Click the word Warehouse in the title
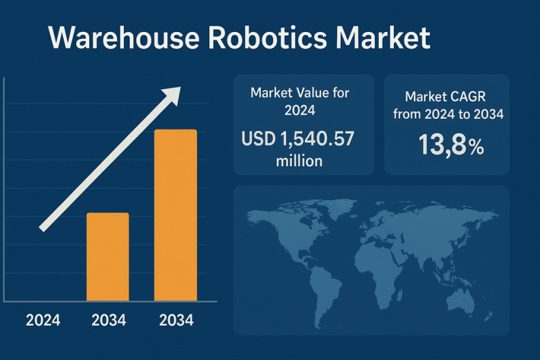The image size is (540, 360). (124, 37)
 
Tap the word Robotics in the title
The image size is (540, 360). (267, 37)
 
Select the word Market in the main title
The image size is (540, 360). (383, 37)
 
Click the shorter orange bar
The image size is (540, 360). (108, 257)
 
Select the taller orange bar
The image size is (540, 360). (176, 215)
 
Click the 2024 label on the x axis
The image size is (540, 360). (43, 321)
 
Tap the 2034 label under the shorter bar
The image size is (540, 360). (109, 321)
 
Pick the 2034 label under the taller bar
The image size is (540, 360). (177, 321)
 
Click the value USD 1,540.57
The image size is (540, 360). (298, 139)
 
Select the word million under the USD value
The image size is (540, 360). (299, 161)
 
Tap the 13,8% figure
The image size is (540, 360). (451, 145)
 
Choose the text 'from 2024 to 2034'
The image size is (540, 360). (449, 114)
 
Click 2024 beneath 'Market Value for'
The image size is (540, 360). (300, 110)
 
